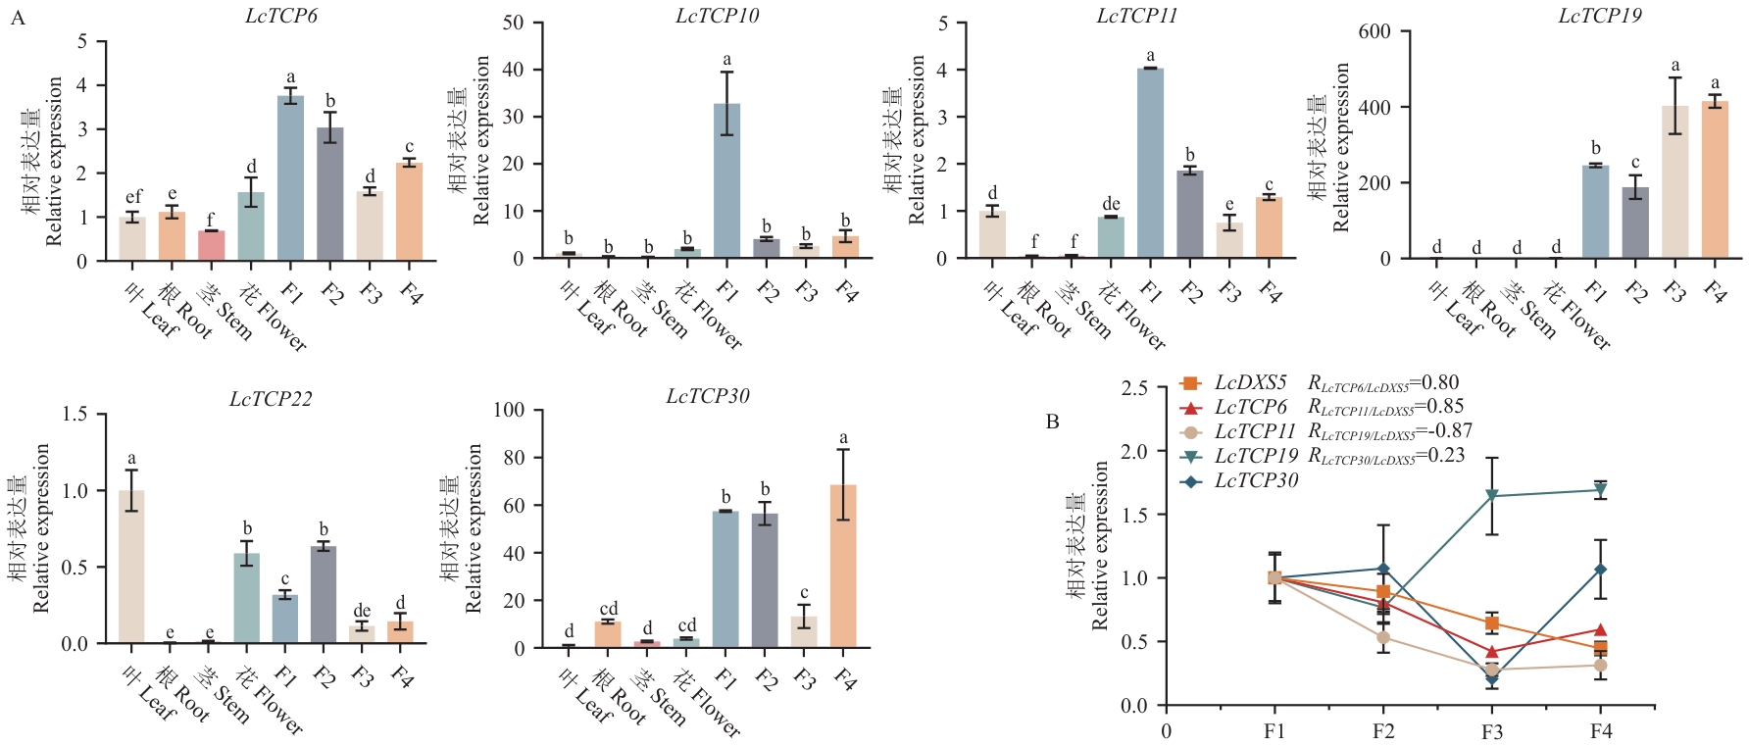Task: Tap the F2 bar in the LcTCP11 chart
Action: tap(1190, 215)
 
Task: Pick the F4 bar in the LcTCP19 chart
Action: tap(1715, 180)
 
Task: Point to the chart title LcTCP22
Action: tap(271, 399)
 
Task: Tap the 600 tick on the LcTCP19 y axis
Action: tap(1374, 31)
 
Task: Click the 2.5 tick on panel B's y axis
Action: tap(1133, 388)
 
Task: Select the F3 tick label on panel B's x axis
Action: tap(1491, 731)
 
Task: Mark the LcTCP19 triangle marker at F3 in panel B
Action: tap(1491, 496)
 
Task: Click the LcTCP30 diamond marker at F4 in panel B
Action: tap(1600, 570)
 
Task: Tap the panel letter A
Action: tap(18, 18)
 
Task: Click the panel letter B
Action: tap(1053, 422)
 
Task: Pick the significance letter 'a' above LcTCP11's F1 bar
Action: tap(1151, 56)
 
